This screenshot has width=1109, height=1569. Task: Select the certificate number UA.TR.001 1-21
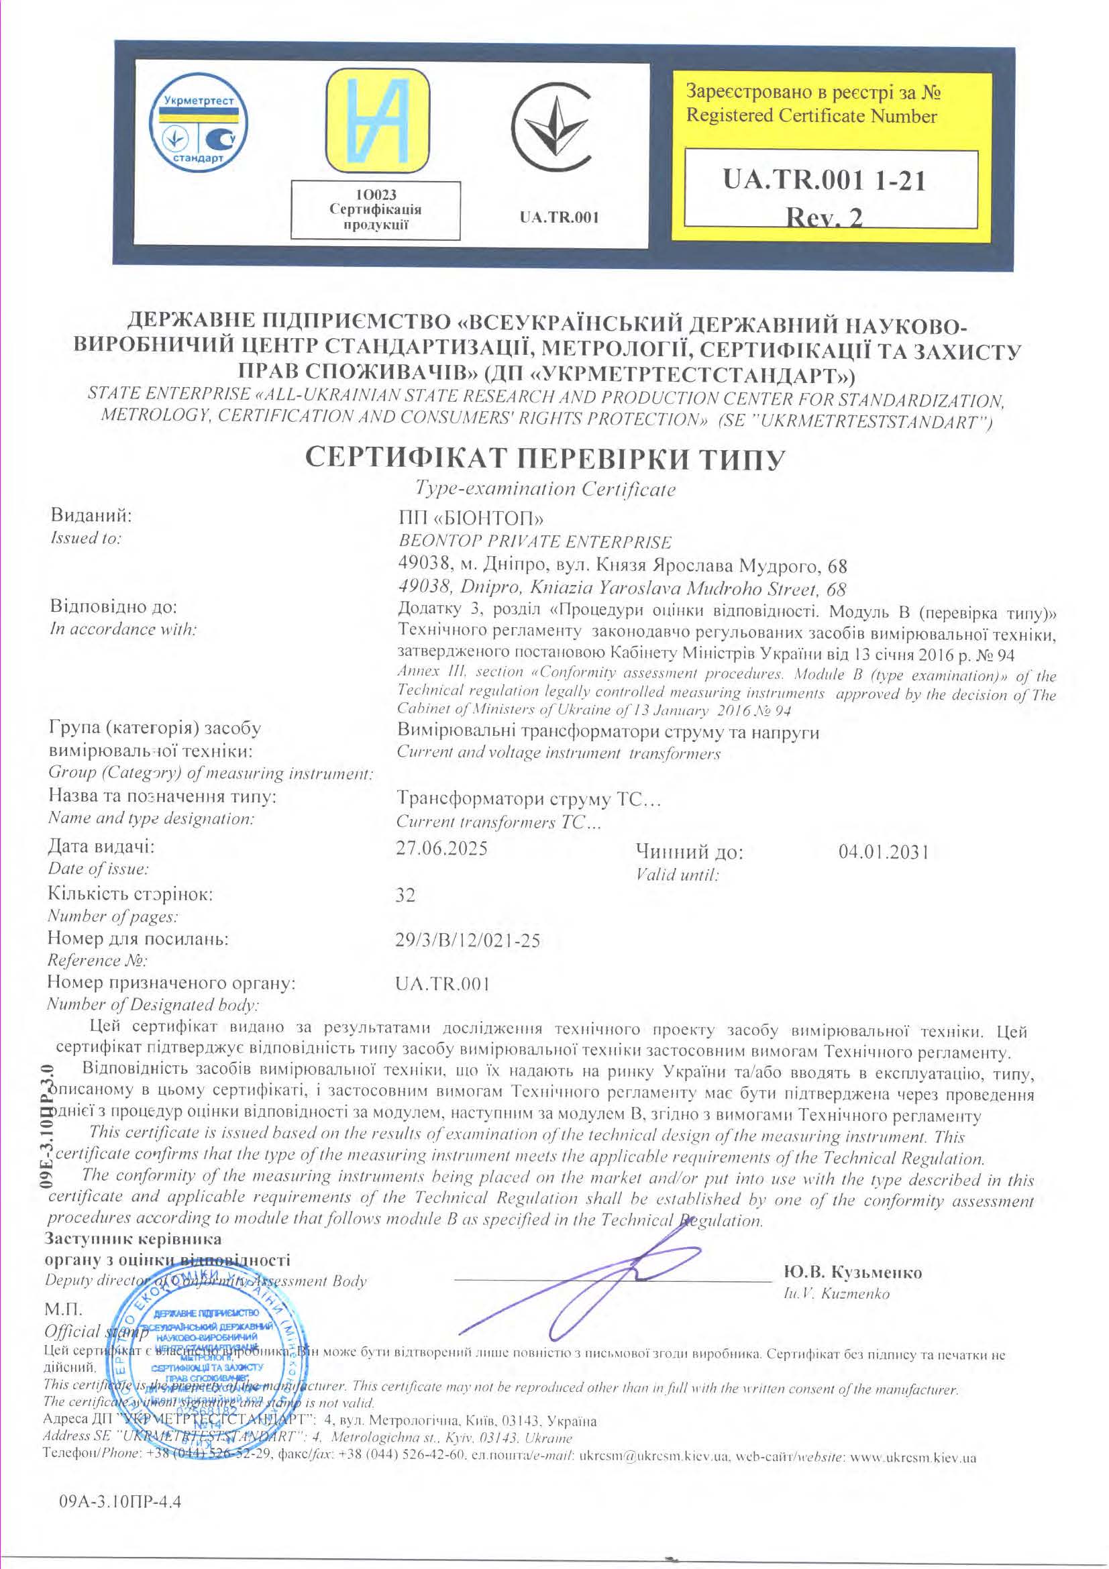(824, 181)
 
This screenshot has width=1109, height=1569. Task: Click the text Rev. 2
(824, 217)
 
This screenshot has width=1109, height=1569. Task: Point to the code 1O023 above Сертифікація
(375, 195)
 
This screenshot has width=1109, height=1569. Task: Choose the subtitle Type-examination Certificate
(545, 489)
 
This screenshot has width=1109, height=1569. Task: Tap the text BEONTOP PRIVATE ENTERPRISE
(533, 542)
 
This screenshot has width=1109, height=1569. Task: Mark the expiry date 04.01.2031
(883, 852)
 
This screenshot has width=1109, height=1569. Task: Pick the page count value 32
(405, 895)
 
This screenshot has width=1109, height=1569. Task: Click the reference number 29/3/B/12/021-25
(468, 940)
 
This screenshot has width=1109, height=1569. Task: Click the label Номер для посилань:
(138, 939)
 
